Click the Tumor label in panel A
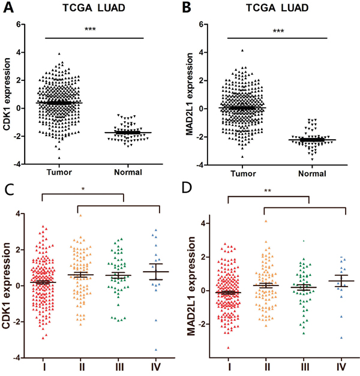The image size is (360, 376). coord(58,172)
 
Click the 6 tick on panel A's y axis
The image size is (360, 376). coord(21,25)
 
